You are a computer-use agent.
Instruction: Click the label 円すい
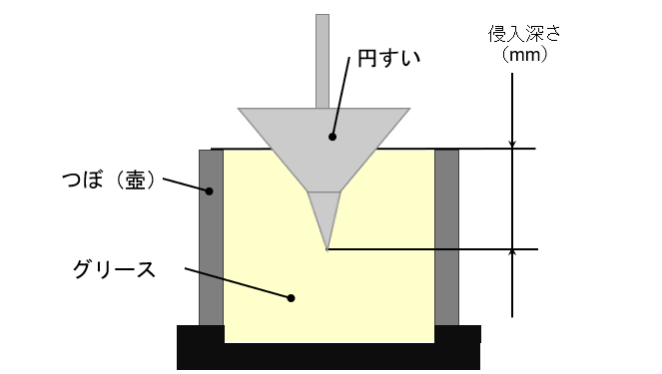click(388, 58)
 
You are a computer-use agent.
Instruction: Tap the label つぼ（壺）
click(109, 181)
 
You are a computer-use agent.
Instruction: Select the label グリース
click(114, 269)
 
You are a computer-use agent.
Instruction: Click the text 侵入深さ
click(524, 34)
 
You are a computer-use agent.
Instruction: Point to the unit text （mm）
click(524, 55)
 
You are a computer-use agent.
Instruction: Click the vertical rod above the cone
click(323, 62)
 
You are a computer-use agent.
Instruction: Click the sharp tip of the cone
click(328, 250)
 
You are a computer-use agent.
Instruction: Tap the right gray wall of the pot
click(446, 237)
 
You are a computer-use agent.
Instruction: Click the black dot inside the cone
click(332, 137)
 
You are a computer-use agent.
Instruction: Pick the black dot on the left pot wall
click(209, 191)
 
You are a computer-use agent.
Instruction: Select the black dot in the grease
click(291, 298)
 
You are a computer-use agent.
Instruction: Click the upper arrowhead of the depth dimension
click(512, 145)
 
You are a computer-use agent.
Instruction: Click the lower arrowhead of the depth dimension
click(512, 254)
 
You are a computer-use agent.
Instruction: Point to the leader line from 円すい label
click(341, 97)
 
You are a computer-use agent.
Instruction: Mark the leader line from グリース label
click(238, 283)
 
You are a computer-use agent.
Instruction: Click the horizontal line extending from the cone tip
click(432, 249)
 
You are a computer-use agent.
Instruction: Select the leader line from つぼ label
click(186, 185)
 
